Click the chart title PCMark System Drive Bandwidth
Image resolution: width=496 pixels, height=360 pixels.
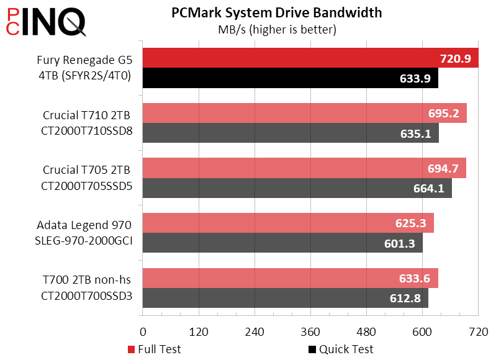pos(276,12)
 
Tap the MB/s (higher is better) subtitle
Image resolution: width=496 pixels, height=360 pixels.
pos(276,29)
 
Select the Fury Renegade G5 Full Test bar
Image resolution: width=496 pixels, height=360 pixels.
pos(279,58)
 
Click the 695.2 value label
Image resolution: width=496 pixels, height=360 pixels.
pos(444,113)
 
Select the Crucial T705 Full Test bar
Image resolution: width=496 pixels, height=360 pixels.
pos(279,168)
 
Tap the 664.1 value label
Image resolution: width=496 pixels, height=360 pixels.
pos(429,189)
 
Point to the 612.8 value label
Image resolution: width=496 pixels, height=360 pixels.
pos(405,299)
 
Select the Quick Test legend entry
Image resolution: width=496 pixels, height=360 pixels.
pos(341,349)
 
